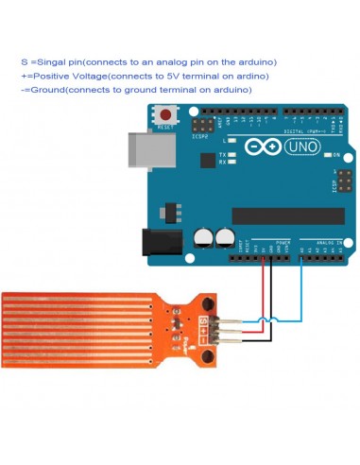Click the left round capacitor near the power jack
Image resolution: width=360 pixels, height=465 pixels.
click(203, 237)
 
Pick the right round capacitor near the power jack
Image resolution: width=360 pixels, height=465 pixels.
click(225, 237)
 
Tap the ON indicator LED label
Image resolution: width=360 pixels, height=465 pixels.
click(335, 154)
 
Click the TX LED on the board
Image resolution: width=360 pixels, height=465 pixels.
click(222, 153)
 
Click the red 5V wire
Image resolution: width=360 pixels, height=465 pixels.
click(263, 288)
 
